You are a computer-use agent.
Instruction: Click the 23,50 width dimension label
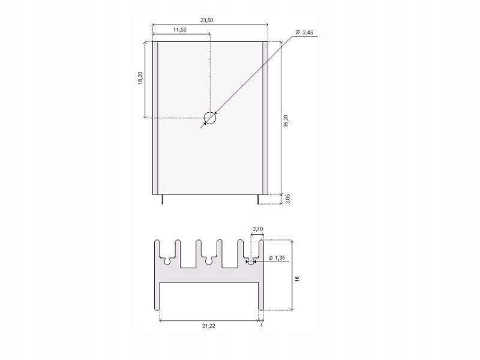(x=206, y=20)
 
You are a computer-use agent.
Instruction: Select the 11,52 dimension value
(x=180, y=29)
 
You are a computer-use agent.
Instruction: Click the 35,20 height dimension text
(x=286, y=121)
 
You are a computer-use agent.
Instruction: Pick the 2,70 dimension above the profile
(x=258, y=229)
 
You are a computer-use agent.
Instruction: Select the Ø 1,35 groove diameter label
(x=278, y=258)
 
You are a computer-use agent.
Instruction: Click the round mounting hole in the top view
(x=209, y=118)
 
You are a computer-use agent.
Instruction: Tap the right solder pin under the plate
(x=259, y=199)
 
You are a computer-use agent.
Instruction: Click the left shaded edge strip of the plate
(x=155, y=118)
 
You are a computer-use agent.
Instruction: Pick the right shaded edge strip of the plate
(x=265, y=118)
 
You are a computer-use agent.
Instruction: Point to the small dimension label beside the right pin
(x=287, y=199)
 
